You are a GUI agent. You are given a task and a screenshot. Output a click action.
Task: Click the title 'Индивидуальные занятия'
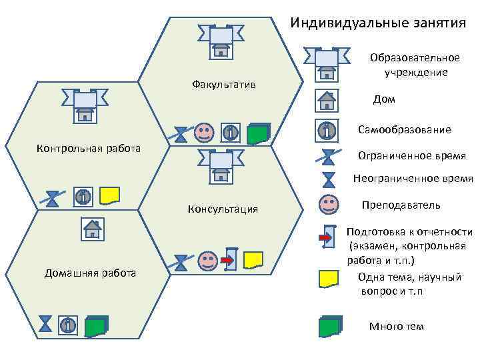point(378,23)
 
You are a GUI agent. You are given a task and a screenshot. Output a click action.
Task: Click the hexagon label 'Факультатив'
point(223,85)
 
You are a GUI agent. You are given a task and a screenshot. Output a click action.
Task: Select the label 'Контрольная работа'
point(88,147)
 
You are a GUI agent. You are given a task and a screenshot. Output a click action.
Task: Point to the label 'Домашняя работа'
point(90,273)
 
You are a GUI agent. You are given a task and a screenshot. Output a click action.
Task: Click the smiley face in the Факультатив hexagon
point(204,132)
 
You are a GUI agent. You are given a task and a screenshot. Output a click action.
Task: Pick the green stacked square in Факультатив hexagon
point(257,133)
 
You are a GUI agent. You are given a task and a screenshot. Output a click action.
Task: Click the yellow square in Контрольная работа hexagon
point(109,195)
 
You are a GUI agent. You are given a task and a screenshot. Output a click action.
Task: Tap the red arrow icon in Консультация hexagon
point(228,257)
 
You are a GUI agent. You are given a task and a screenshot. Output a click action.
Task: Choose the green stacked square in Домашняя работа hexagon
point(96,325)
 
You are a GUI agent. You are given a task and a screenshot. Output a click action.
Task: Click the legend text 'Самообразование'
point(404,129)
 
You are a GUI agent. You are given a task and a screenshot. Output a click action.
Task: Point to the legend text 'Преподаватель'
point(401,205)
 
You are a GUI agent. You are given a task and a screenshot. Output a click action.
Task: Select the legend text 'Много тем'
point(396,326)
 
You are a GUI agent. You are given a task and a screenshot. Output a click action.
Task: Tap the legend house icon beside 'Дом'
point(327,100)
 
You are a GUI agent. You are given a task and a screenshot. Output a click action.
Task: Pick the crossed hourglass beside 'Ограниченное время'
point(327,157)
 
